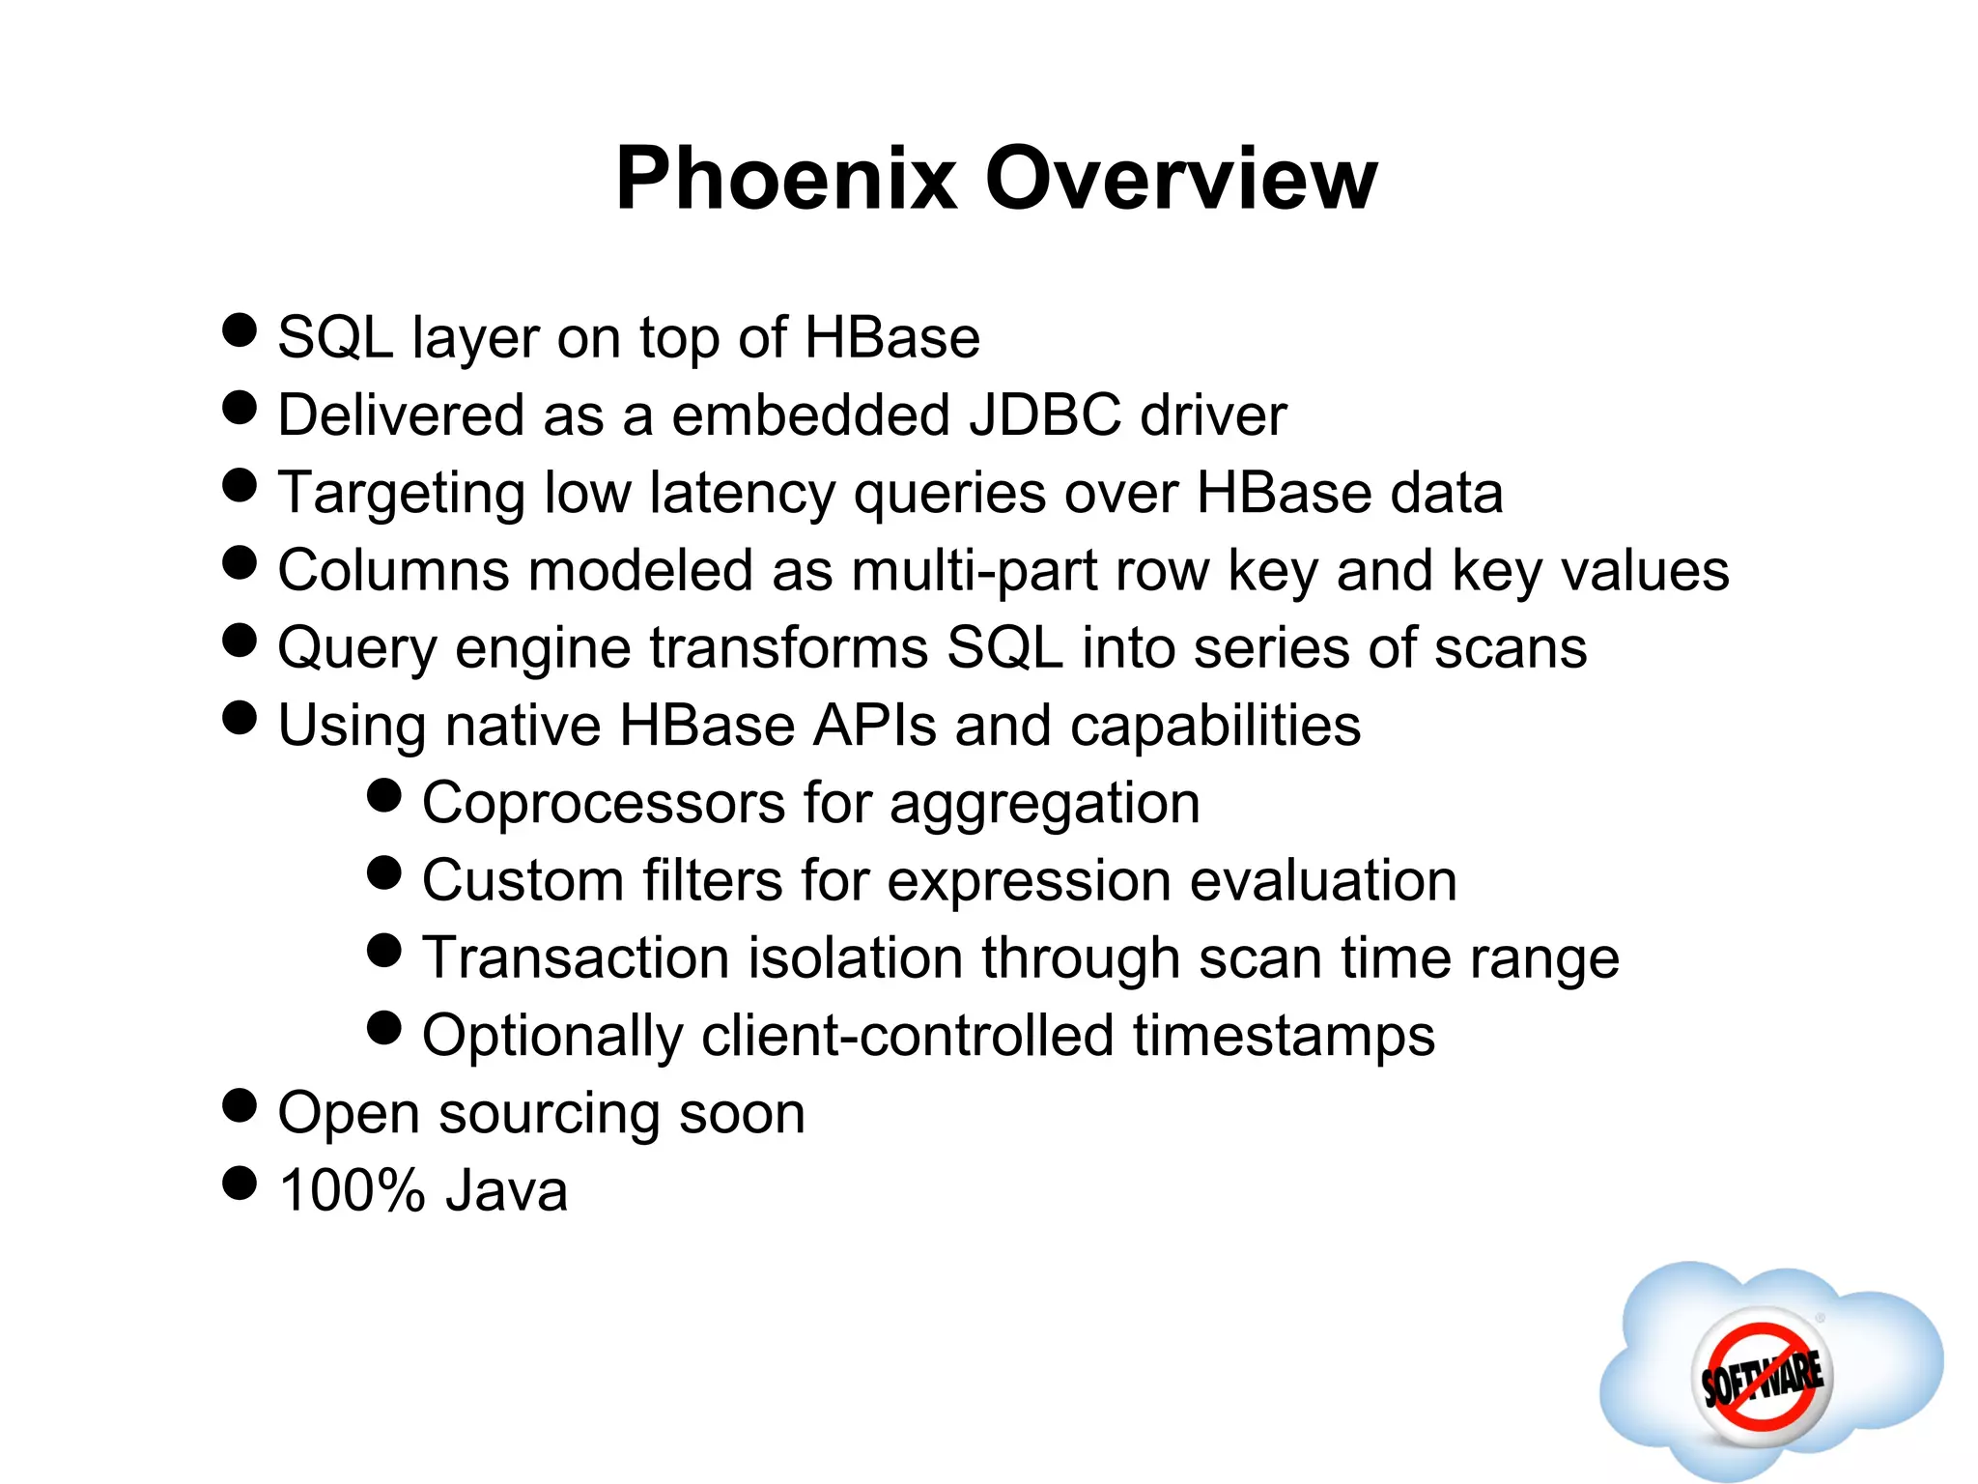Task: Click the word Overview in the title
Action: (x=1181, y=179)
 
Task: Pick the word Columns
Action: (x=393, y=570)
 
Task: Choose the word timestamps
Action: (x=1284, y=1036)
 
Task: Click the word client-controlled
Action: (x=907, y=1036)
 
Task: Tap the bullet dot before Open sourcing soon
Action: (x=240, y=1105)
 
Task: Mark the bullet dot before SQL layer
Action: (x=240, y=329)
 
